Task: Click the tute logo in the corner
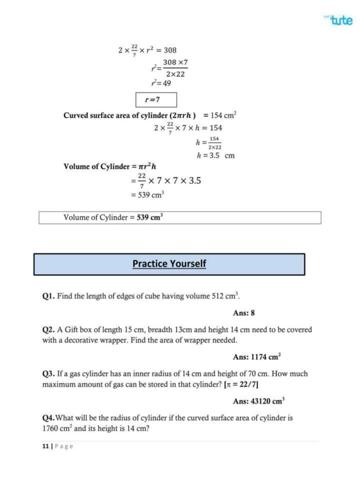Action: pyautogui.click(x=340, y=20)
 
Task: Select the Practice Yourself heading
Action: pyautogui.click(x=169, y=263)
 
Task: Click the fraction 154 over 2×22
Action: pyautogui.click(x=214, y=142)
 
